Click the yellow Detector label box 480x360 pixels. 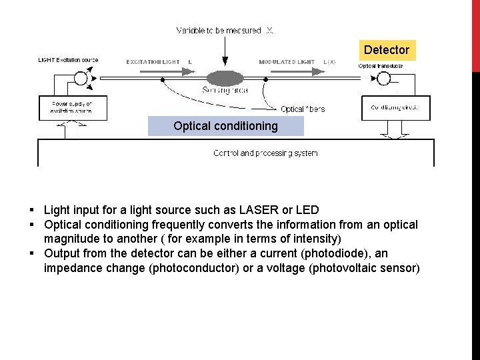pyautogui.click(x=387, y=50)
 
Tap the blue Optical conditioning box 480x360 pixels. pyautogui.click(x=225, y=126)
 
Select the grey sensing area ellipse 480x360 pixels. pyautogui.click(x=225, y=78)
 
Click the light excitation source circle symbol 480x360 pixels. pyautogui.click(x=81, y=78)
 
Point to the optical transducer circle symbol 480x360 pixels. pyautogui.click(x=383, y=78)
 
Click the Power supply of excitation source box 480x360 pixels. pyautogui.click(x=71, y=108)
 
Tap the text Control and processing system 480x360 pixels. pyautogui.click(x=265, y=153)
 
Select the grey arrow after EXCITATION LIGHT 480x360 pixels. pyautogui.click(x=190, y=62)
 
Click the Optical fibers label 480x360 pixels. pyautogui.click(x=303, y=109)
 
